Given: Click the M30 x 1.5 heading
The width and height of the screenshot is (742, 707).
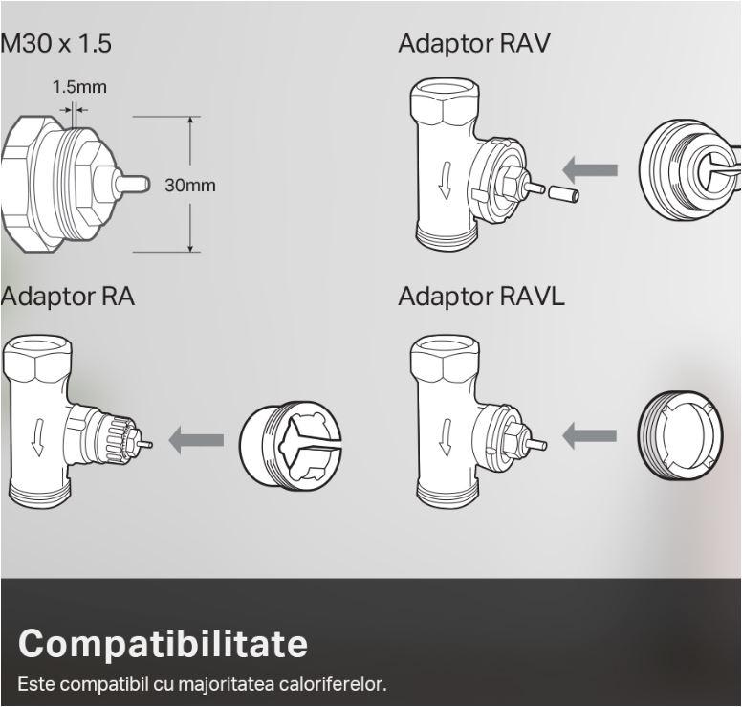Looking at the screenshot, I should coord(56,44).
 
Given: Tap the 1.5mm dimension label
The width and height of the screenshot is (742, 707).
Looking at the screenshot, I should coord(79,87).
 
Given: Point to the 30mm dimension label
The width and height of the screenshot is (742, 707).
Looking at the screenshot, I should coord(190,185).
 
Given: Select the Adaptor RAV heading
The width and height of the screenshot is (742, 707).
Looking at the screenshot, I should coord(474,44).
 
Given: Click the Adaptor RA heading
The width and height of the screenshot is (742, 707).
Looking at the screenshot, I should coord(67,297).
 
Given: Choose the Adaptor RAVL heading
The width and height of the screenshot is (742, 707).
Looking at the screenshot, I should coord(481,297).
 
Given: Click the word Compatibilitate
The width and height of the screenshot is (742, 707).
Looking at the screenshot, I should coord(163,644).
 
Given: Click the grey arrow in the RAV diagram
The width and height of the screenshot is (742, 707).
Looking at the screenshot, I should coord(590,171).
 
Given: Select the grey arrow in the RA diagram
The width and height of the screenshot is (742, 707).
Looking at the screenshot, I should coord(196,440).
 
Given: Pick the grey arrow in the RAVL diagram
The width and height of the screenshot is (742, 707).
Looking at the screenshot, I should coord(589,436).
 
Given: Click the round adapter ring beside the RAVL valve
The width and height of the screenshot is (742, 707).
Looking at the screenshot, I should coord(681,436).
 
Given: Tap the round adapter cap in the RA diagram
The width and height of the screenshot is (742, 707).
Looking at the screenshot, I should coord(291,443).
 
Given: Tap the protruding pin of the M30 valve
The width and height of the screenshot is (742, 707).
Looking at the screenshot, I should coord(131,182).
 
